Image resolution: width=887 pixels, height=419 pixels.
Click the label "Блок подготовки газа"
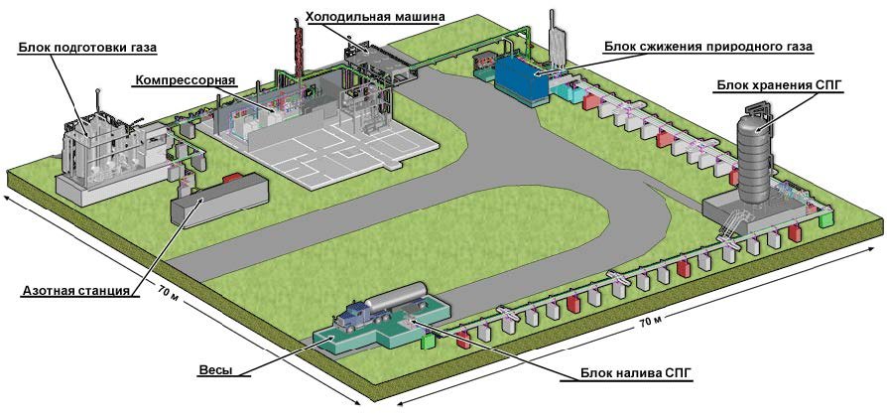pyautogui.click(x=87, y=46)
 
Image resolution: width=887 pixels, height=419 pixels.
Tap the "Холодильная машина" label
pyautogui.click(x=360, y=17)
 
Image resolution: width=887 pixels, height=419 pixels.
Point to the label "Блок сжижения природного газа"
pyautogui.click(x=709, y=47)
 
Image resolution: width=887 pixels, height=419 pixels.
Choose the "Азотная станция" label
pyautogui.click(x=76, y=291)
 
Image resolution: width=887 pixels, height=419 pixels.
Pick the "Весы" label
pyautogui.click(x=215, y=370)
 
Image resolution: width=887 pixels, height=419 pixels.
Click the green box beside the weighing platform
pyautogui.click(x=429, y=341)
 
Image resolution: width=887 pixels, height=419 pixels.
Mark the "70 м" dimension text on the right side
pyautogui.click(x=652, y=322)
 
